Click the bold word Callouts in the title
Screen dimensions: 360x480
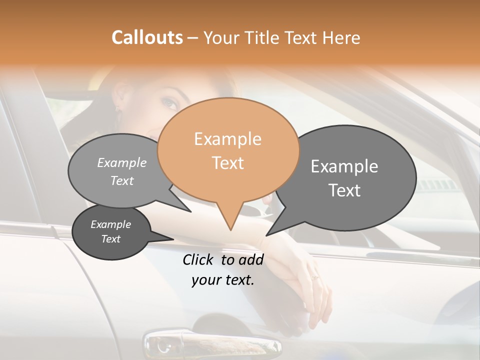[x=147, y=37]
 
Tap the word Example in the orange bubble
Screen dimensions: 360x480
[x=228, y=139]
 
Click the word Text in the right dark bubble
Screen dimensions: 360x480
[x=344, y=190]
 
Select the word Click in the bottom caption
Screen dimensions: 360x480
[x=199, y=259]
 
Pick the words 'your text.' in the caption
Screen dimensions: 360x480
[x=223, y=280]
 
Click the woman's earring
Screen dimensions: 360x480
[x=118, y=107]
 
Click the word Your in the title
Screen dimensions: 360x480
[x=220, y=37]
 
